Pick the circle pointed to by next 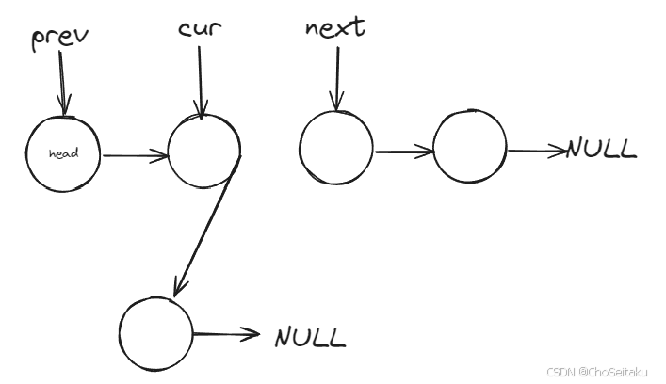click(335, 149)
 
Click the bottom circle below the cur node click(156, 333)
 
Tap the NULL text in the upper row click(601, 149)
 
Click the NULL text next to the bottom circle click(310, 336)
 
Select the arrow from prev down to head click(63, 85)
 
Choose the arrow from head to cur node click(134, 156)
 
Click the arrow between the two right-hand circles click(403, 152)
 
